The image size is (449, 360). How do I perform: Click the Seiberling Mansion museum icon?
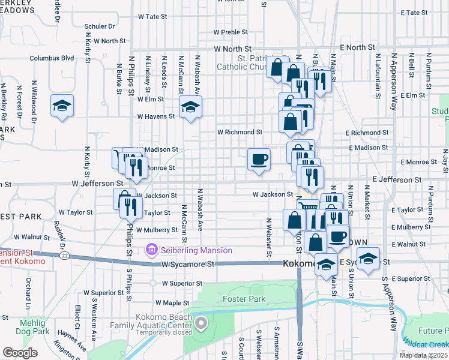151,250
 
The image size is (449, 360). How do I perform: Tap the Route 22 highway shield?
64,256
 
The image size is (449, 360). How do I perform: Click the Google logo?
20,353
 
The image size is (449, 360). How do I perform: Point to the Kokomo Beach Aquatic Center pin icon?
201,325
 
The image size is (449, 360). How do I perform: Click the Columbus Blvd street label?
52,58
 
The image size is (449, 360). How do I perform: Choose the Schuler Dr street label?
99,26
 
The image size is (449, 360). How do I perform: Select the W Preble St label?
231,32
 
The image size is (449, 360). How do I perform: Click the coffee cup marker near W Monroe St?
259,160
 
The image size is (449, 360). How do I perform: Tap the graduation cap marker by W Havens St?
191,107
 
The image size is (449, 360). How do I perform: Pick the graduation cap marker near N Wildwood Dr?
62,106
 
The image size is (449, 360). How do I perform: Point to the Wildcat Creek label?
425,344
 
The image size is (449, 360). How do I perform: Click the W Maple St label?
172,303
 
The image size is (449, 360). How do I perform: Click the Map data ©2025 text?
423,355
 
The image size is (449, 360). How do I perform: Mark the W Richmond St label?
240,132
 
